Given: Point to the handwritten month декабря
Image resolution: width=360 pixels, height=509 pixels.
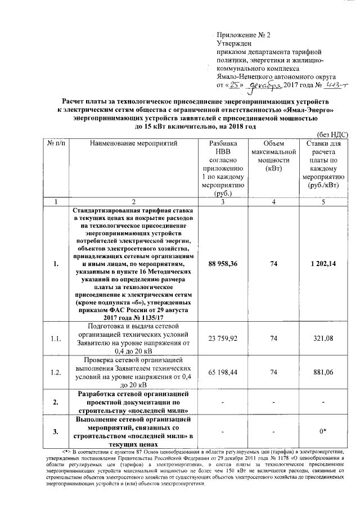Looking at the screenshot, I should click(263, 85).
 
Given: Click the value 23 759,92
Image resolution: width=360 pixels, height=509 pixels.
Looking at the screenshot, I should click(223, 338).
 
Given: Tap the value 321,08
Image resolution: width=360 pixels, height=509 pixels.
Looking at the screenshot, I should click(326, 338).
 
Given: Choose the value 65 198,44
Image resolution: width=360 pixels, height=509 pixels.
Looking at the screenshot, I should click(223, 372).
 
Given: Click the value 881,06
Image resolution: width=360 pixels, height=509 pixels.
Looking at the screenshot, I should click(326, 372).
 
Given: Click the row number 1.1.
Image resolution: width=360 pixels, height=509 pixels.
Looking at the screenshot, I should click(55, 339).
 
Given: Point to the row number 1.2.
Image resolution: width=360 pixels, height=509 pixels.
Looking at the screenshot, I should click(55, 372).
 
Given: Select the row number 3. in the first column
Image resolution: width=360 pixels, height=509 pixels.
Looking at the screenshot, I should click(55, 431).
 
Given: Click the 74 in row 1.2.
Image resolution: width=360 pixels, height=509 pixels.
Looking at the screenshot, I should click(274, 372).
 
